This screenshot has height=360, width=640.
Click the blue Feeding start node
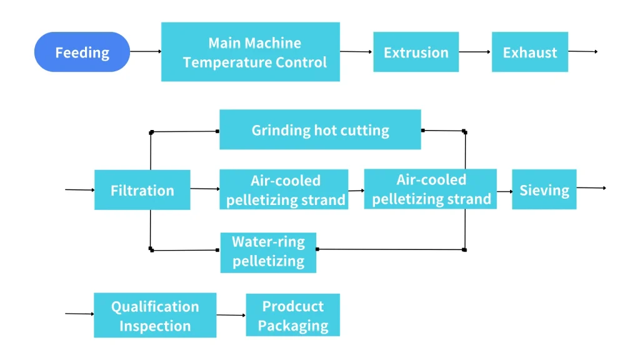pyautogui.click(x=82, y=52)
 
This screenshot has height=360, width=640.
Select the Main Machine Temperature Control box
pyautogui.click(x=250, y=52)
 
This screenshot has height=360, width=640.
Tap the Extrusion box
pyautogui.click(x=416, y=52)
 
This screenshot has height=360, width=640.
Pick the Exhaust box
pyautogui.click(x=529, y=52)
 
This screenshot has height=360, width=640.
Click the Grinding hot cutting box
pyautogui.click(x=320, y=130)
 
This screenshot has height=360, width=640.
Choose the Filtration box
pyautogui.click(x=142, y=190)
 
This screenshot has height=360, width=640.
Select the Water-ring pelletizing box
pyautogui.click(x=268, y=252)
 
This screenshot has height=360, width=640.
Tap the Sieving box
pyautogui.click(x=544, y=189)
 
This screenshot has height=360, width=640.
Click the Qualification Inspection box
pyautogui.click(x=155, y=316)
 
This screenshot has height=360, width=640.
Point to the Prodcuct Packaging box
pyautogui.click(x=292, y=316)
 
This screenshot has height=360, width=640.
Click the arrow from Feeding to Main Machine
pyautogui.click(x=145, y=52)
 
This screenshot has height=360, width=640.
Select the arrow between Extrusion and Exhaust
pyautogui.click(x=475, y=52)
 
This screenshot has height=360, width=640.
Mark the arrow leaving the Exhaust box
pyautogui.click(x=582, y=51)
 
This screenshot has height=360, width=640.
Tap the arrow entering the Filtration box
pyautogui.click(x=79, y=189)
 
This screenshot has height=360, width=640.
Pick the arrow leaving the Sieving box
pyautogui.click(x=591, y=187)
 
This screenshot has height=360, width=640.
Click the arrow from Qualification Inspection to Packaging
pyautogui.click(x=231, y=315)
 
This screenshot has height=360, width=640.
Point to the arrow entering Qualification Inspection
pyautogui.click(x=79, y=314)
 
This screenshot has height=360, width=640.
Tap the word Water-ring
pyautogui.click(x=268, y=242)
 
